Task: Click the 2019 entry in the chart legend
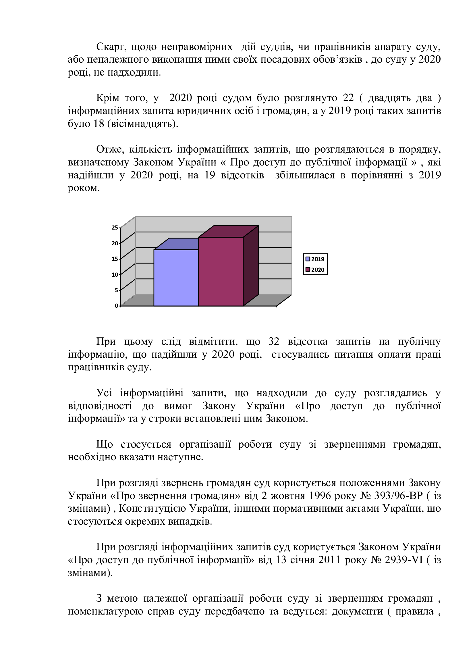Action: pyautogui.click(x=315, y=259)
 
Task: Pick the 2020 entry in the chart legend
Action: pyautogui.click(x=315, y=270)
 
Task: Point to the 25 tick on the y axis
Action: pyautogui.click(x=115, y=228)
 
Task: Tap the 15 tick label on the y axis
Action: pyautogui.click(x=115, y=259)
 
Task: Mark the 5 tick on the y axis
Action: pyautogui.click(x=116, y=290)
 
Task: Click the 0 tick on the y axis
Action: pyautogui.click(x=116, y=306)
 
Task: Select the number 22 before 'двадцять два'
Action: pyautogui.click(x=348, y=98)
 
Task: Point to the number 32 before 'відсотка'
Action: pyautogui.click(x=274, y=342)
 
